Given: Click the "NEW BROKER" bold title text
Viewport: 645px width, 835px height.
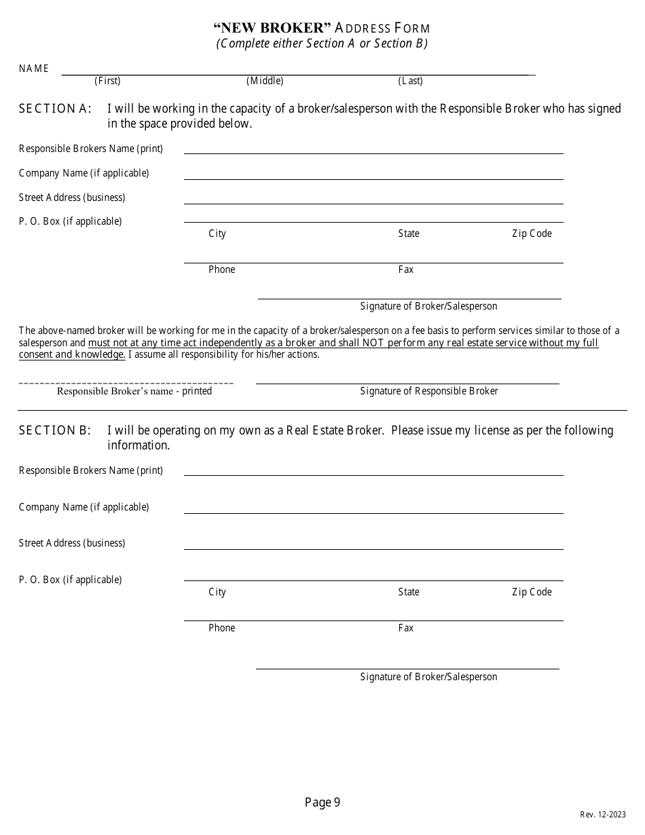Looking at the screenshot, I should point(272,28).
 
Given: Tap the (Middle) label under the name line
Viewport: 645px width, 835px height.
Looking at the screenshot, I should point(265,81).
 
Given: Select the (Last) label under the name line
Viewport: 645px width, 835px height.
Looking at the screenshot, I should point(410,81).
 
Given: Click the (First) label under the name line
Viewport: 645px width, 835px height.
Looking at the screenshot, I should point(107,81).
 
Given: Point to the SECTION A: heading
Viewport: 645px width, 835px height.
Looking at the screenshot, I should point(55,109).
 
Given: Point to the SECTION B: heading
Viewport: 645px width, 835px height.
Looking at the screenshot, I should point(55,430).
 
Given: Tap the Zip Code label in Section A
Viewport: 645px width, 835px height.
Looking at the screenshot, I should point(532,234).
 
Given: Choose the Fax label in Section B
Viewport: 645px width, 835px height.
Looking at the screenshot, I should point(406,628).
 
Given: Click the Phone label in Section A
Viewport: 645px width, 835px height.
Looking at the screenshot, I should point(221,270).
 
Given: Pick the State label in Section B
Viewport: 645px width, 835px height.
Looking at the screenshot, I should point(409,592).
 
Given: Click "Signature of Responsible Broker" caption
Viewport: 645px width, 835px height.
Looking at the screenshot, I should point(429,391).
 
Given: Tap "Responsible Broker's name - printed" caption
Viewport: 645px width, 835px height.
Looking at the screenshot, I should point(134,391).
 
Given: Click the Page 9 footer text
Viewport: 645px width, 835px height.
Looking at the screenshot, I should point(322,803).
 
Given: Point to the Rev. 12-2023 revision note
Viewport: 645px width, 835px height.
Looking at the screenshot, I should point(603,815).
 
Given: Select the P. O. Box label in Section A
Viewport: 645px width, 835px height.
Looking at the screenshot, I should point(71,221).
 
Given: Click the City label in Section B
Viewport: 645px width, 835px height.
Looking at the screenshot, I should point(217,592).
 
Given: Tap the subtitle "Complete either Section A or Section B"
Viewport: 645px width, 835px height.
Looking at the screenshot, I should point(322,43).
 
